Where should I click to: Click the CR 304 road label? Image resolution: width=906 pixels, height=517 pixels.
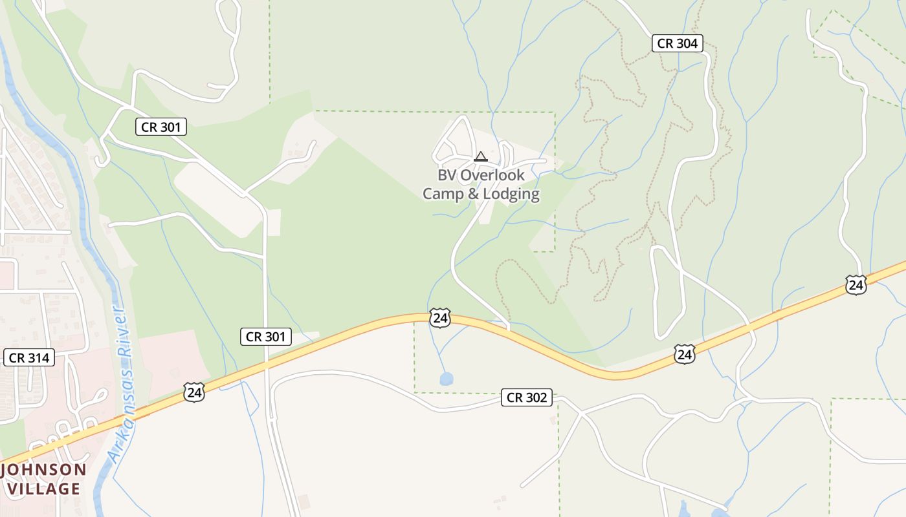coord(677,43)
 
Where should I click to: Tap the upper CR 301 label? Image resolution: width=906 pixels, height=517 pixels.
coord(160,127)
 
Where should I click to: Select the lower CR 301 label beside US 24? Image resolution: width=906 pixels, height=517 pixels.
coord(266,337)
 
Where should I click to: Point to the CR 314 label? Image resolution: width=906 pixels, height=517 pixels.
coord(29,357)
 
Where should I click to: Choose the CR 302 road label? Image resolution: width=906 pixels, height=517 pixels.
coord(527,397)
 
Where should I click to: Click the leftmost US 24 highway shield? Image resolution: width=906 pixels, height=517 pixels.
coord(193,392)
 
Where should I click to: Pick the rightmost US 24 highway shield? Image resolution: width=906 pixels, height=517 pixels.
coord(856,284)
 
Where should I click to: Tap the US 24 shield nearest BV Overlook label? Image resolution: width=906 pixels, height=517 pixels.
coord(439,317)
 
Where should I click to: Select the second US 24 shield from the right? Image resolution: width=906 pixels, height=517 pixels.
coord(685,353)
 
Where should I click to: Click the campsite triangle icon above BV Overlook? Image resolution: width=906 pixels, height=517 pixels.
coord(480,156)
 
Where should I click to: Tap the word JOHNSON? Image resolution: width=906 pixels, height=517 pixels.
coord(44,470)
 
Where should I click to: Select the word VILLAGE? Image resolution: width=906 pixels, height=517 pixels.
coord(44,489)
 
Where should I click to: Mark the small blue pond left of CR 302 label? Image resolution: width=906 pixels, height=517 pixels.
coord(447,379)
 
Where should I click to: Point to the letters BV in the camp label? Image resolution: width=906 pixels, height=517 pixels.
coord(446,175)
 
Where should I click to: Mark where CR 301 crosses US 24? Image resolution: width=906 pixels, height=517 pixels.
coord(266,366)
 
